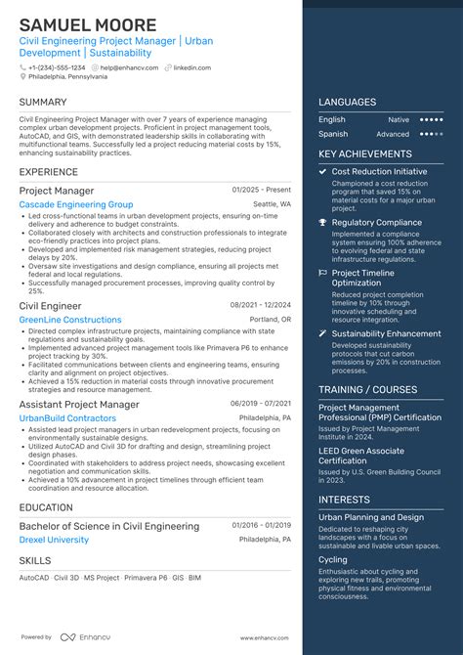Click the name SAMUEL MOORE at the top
click(x=87, y=24)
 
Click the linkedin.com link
click(x=191, y=67)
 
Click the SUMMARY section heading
click(x=43, y=102)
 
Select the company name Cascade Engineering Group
click(x=75, y=204)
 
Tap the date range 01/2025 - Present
click(x=262, y=190)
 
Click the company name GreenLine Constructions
click(x=70, y=320)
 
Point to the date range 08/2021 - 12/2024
click(x=261, y=305)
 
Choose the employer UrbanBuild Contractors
click(x=67, y=417)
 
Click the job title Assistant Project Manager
click(x=79, y=404)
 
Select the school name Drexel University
click(x=54, y=540)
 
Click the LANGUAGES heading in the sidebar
click(x=347, y=102)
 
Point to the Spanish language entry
click(x=333, y=134)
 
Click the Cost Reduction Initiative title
click(x=379, y=171)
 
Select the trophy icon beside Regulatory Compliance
click(x=323, y=222)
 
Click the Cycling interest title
click(x=332, y=560)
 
